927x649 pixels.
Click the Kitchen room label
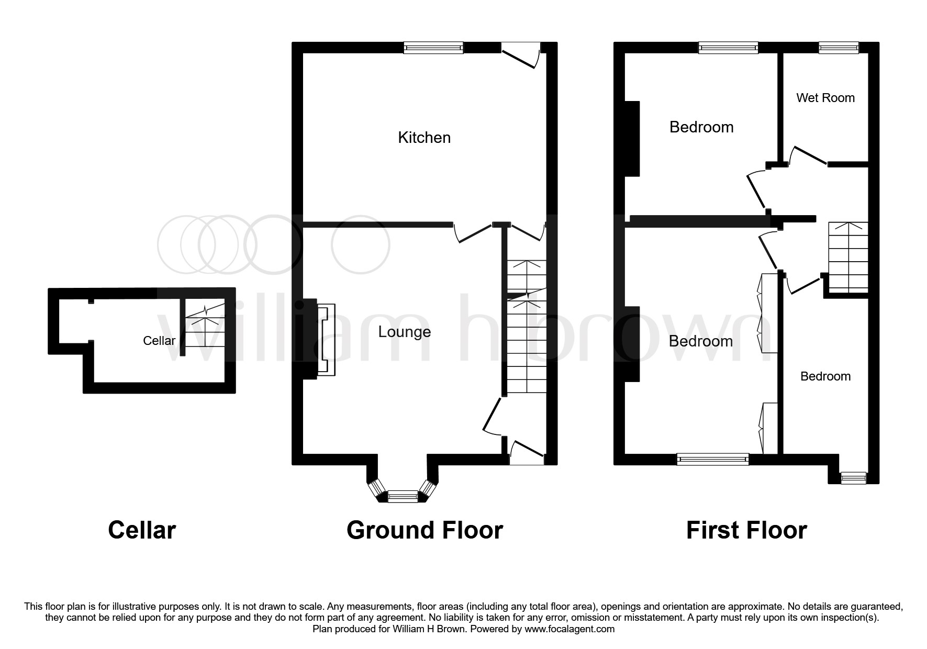[x=424, y=138]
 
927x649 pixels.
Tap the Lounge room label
[x=405, y=332]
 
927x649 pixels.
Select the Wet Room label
[x=825, y=98]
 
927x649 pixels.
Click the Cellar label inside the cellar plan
[x=159, y=341]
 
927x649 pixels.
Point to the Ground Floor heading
[x=425, y=530]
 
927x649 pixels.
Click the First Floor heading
[x=746, y=530]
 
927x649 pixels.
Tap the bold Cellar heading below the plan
[x=142, y=530]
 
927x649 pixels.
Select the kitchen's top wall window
[x=433, y=48]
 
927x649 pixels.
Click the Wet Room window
[x=839, y=48]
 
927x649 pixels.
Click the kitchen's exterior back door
[x=521, y=54]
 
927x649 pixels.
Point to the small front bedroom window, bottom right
[x=853, y=477]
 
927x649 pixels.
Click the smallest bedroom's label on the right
[x=825, y=376]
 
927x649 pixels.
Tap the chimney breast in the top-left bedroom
[x=632, y=139]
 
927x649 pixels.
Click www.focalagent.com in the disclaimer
[x=570, y=629]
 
